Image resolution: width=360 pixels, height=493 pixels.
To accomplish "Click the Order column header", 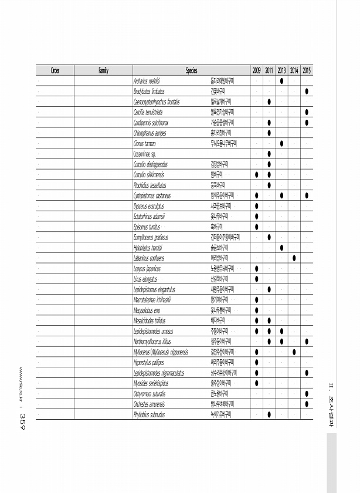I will pyautogui.click(x=55, y=70).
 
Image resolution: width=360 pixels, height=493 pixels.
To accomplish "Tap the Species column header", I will pyautogui.click(x=191, y=70).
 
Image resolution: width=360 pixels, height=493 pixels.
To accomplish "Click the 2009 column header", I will pyautogui.click(x=257, y=70).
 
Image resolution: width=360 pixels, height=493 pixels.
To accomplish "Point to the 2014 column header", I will pyautogui.click(x=294, y=70).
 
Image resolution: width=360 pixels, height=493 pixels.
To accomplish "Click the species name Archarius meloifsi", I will pyautogui.click(x=148, y=81).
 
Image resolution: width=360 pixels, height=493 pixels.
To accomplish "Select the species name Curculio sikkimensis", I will pyautogui.click(x=149, y=174).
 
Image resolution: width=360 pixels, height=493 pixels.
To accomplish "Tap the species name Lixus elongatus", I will pyautogui.click(x=145, y=279).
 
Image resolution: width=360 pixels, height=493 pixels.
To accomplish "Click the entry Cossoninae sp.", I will pyautogui.click(x=144, y=154).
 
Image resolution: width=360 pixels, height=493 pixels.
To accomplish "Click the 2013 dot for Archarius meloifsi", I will pyautogui.click(x=282, y=81).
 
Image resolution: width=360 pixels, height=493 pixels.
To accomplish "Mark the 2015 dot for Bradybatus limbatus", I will pyautogui.click(x=307, y=92).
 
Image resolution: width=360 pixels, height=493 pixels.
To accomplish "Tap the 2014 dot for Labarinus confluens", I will pyautogui.click(x=294, y=258).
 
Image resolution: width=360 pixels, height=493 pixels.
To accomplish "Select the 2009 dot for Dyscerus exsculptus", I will pyautogui.click(x=257, y=206).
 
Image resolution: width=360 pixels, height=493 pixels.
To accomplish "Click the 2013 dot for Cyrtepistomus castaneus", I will pyautogui.click(x=282, y=195).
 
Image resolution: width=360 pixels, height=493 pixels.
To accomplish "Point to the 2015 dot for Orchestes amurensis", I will pyautogui.click(x=307, y=404).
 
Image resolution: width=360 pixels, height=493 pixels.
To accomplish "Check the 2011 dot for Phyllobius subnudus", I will pyautogui.click(x=269, y=415).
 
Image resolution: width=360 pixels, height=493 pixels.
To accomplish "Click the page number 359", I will pyautogui.click(x=21, y=420).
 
